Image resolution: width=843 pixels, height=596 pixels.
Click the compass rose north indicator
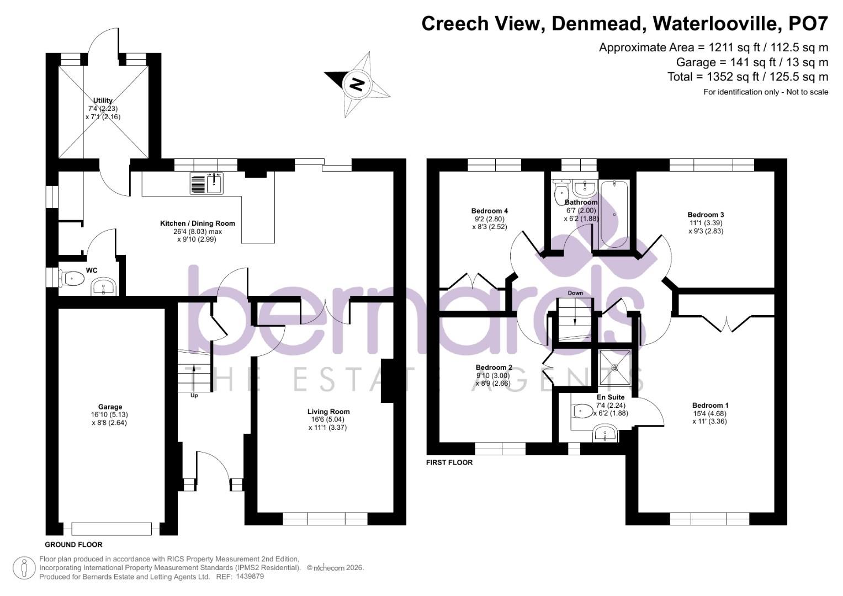click(x=357, y=84)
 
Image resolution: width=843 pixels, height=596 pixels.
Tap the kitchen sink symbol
click(x=206, y=183)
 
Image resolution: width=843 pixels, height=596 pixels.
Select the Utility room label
click(x=103, y=100)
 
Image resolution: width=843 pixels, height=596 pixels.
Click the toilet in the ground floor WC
click(x=71, y=279)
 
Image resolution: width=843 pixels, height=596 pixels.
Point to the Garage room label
click(x=110, y=407)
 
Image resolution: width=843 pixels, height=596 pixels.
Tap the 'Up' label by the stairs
click(x=194, y=395)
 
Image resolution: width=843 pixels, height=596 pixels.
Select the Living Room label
click(x=328, y=411)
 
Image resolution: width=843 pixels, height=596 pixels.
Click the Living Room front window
click(x=325, y=519)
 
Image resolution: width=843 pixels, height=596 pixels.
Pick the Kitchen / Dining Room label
click(x=198, y=223)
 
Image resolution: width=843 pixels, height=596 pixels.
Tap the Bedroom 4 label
click(x=489, y=211)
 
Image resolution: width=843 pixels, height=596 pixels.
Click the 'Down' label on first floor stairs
click(x=575, y=293)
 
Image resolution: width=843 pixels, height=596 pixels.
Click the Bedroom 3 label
click(x=706, y=215)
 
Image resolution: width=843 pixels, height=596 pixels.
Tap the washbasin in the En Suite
click(x=605, y=434)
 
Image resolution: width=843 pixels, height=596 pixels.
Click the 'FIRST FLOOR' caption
click(x=449, y=462)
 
